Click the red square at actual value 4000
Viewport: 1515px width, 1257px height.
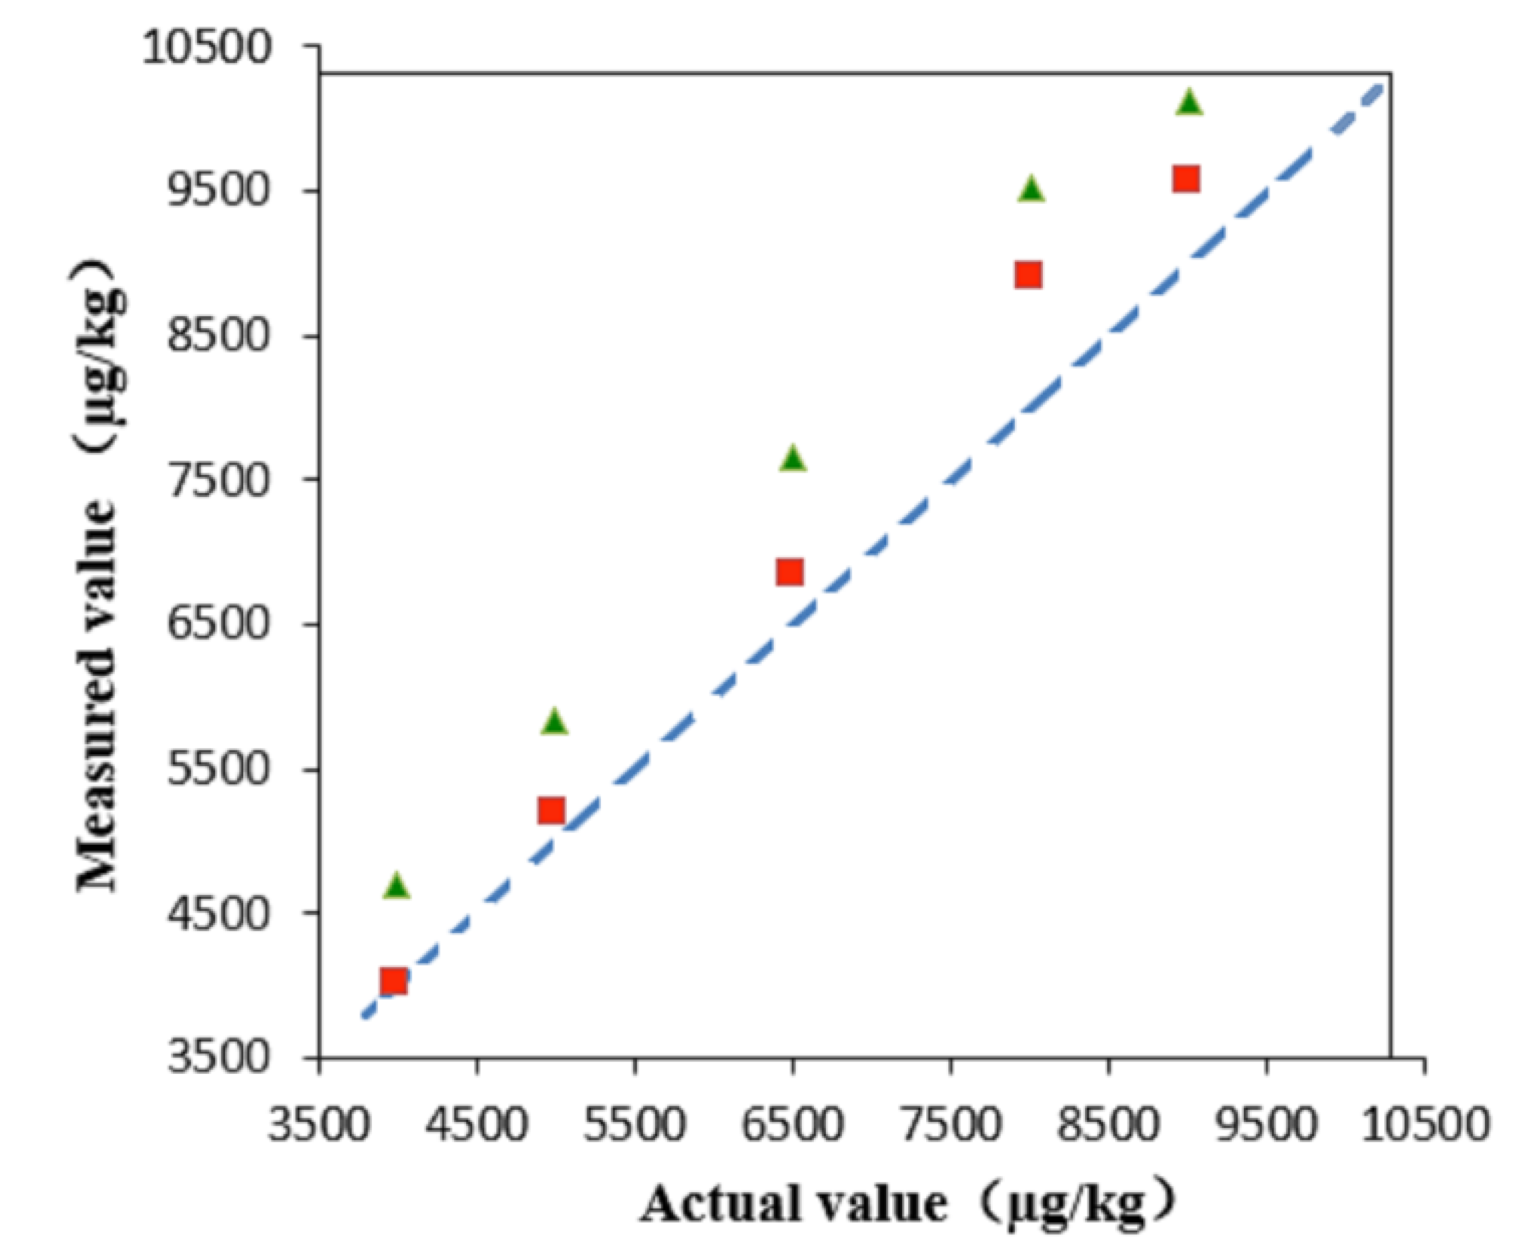394,981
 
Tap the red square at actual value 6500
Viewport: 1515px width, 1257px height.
790,572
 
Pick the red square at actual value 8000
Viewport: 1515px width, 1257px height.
1028,275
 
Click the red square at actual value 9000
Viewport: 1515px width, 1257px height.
1186,178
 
